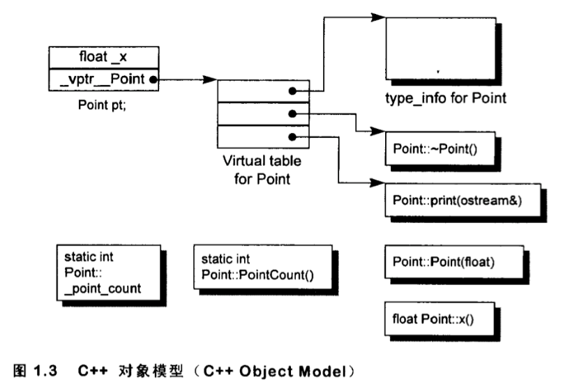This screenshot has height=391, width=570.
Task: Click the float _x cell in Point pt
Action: tap(103, 57)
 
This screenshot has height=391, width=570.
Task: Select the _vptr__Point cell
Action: tap(99, 79)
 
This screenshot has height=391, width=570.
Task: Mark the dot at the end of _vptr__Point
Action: tap(152, 80)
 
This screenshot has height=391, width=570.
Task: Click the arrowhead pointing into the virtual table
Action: tap(211, 80)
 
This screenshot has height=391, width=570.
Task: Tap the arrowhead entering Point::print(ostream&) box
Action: tap(379, 183)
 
